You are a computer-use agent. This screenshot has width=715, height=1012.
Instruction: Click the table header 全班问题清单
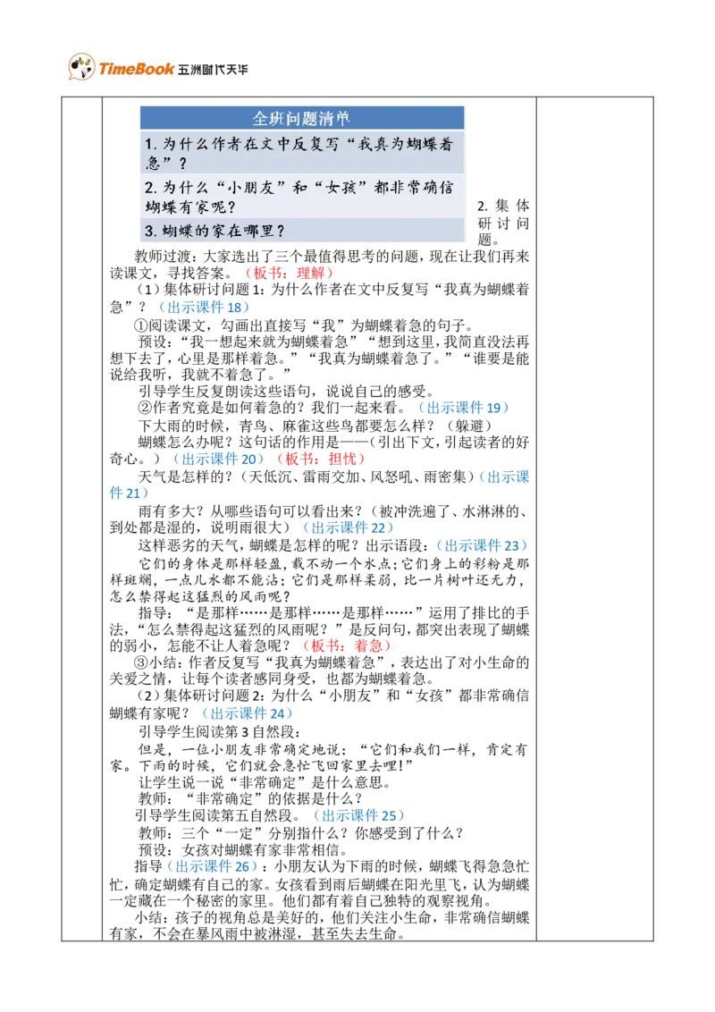[x=301, y=118]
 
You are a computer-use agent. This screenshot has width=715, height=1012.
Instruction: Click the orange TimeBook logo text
[x=135, y=69]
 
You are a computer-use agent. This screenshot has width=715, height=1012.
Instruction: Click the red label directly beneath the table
[x=290, y=273]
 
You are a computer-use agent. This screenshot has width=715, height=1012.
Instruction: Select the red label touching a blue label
[x=321, y=459]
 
